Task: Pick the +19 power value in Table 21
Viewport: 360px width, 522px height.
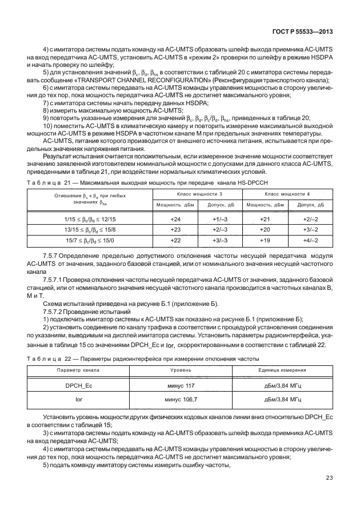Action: (265, 240)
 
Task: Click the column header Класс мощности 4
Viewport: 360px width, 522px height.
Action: (287, 195)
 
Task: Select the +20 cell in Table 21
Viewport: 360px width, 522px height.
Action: (265, 229)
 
